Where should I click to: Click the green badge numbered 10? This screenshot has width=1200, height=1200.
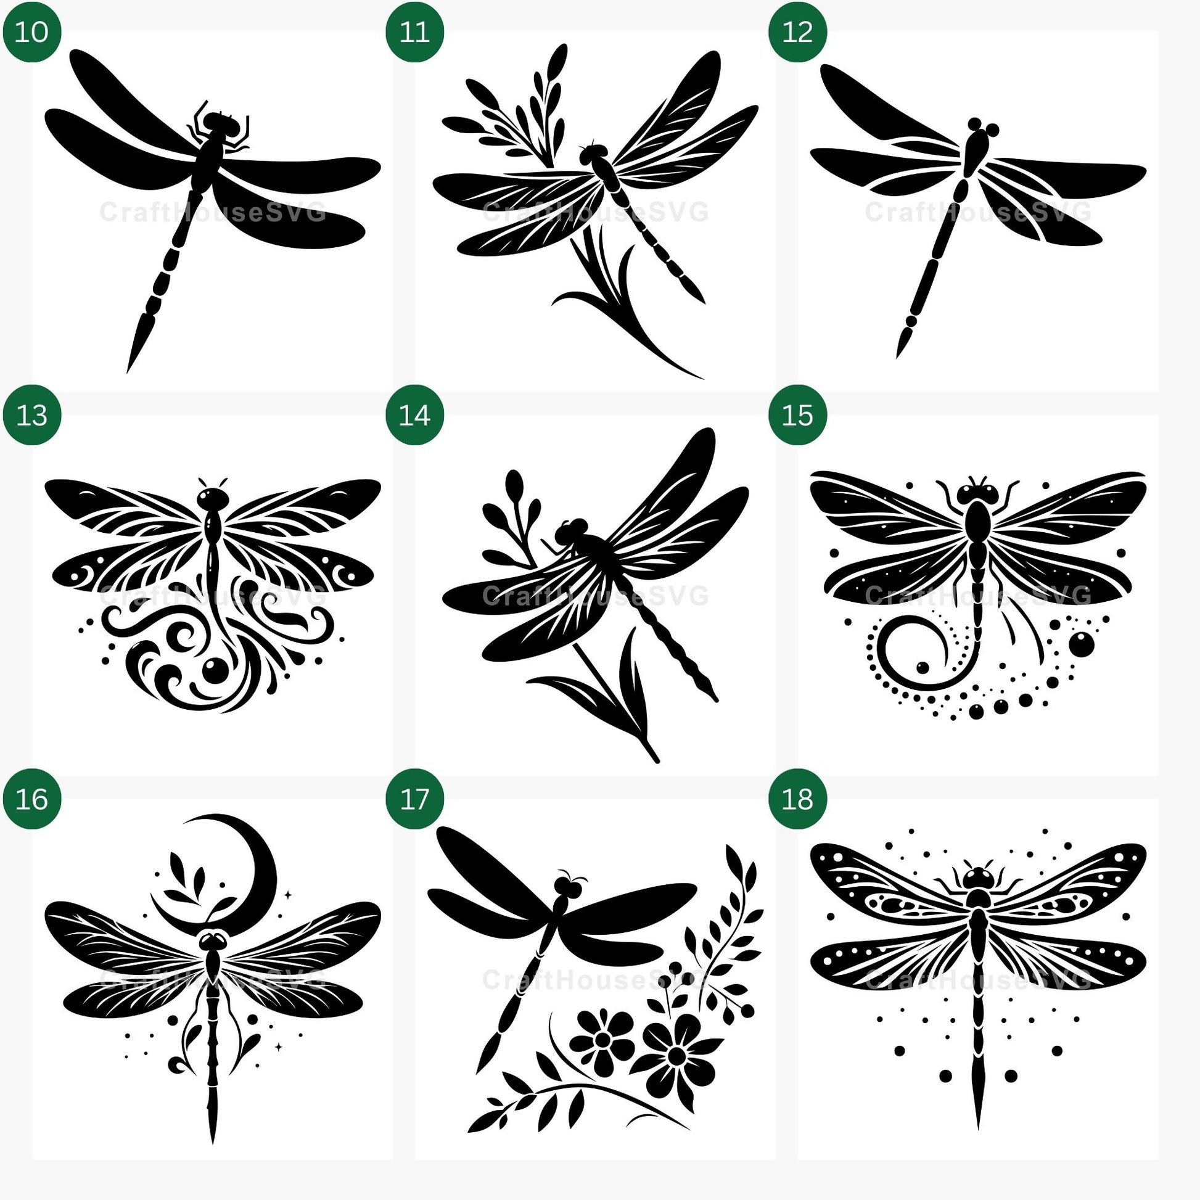31,31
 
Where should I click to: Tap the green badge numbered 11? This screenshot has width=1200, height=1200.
415,31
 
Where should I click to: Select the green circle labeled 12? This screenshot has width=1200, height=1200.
797,31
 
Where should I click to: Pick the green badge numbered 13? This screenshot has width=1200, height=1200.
31,415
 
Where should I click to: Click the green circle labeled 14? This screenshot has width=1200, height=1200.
415,415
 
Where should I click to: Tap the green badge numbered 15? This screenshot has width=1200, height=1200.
797,415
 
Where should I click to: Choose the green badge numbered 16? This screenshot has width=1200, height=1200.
31,799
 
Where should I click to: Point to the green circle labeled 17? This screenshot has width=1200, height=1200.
415,799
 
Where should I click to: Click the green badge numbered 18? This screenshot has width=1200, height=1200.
797,799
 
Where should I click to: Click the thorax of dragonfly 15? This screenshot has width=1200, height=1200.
978,519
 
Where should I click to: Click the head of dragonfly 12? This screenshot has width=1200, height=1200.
984,128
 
